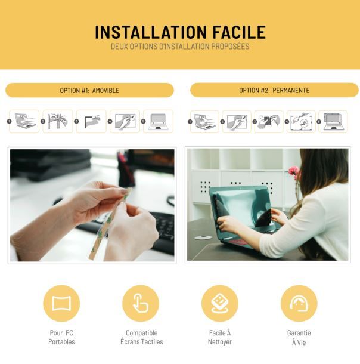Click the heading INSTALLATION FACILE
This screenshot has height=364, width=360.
coord(180,32)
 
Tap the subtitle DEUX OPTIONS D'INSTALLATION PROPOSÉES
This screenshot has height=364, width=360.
coord(180,46)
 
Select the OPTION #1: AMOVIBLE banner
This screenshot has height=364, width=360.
coord(89,90)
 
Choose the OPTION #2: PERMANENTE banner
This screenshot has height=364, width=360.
coord(274,90)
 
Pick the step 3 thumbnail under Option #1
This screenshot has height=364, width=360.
coord(91,121)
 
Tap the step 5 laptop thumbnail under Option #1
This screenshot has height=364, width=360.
coord(158,121)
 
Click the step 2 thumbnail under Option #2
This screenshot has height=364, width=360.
coord(237,121)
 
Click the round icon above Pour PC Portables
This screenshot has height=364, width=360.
coord(61,303)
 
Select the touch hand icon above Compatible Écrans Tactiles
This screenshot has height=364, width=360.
coord(141,303)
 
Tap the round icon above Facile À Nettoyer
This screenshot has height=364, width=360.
coord(219,303)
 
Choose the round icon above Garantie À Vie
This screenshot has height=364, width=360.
coord(299,303)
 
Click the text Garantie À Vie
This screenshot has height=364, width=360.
coord(299,337)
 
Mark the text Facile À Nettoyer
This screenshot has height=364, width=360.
coord(219,337)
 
